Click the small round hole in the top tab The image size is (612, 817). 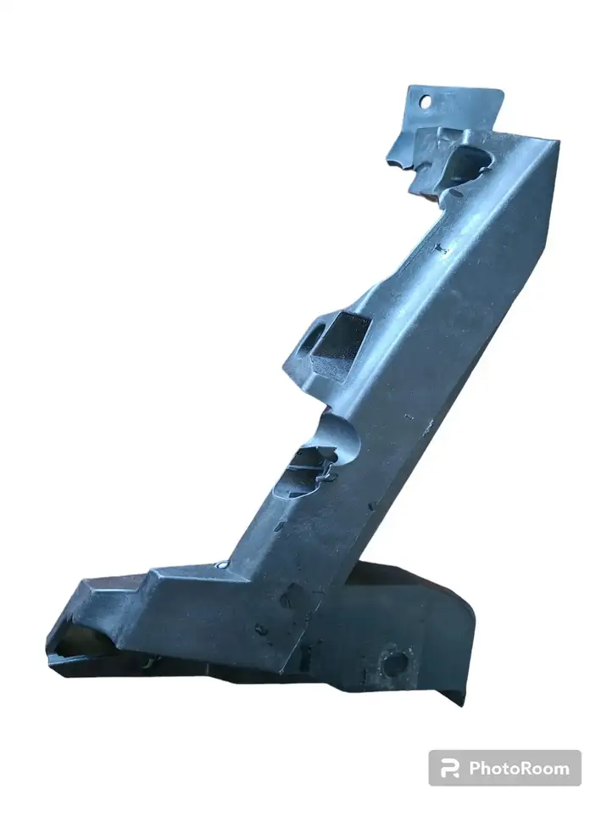(x=426, y=102)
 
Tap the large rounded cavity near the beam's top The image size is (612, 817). (x=467, y=164)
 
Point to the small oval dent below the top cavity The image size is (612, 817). (x=455, y=193)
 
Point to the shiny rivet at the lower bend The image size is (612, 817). (x=222, y=564)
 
